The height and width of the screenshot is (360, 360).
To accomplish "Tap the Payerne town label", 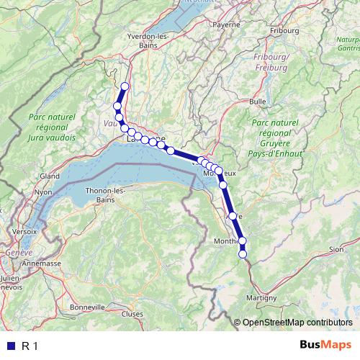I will pyautogui.click(x=225, y=24).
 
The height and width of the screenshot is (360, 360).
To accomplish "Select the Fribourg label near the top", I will pyautogui.click(x=284, y=31).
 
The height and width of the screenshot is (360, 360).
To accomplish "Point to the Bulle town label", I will pyautogui.click(x=258, y=102).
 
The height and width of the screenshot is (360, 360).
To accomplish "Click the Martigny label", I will pyautogui.click(x=261, y=298).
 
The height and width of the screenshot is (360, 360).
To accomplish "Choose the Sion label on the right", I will pyautogui.click(x=336, y=249).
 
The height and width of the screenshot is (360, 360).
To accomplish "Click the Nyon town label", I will pyautogui.click(x=44, y=192).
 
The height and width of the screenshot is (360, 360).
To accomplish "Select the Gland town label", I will pyautogui.click(x=50, y=176).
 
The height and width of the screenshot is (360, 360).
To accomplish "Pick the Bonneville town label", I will pyautogui.click(x=88, y=307).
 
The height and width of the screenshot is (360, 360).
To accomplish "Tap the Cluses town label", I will pyautogui.click(x=132, y=313).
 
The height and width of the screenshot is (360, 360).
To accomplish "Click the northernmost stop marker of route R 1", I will pyautogui.click(x=125, y=87).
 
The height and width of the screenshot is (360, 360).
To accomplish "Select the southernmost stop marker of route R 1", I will pyautogui.click(x=243, y=253).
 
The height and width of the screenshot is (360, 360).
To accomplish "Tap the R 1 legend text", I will pyautogui.click(x=30, y=346).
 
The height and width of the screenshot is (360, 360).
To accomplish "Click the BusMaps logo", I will pyautogui.click(x=325, y=345).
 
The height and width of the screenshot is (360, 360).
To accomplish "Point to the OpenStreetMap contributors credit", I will pyautogui.click(x=297, y=322).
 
